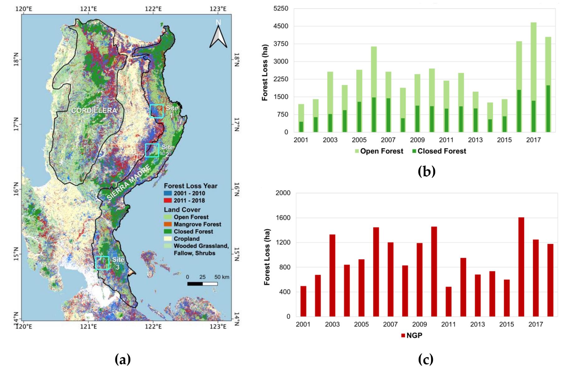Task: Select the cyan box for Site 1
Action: [156, 111]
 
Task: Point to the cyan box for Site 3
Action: [102, 263]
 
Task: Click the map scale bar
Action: [202, 283]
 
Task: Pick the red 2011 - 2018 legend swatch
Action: [168, 201]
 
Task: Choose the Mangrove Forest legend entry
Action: [197, 224]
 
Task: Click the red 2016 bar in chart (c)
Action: [521, 267]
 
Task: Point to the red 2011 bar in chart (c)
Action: [449, 302]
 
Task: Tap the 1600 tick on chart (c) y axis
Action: [283, 218]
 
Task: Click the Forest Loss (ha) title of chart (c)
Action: [267, 257]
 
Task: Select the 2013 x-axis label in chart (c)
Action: [478, 324]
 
